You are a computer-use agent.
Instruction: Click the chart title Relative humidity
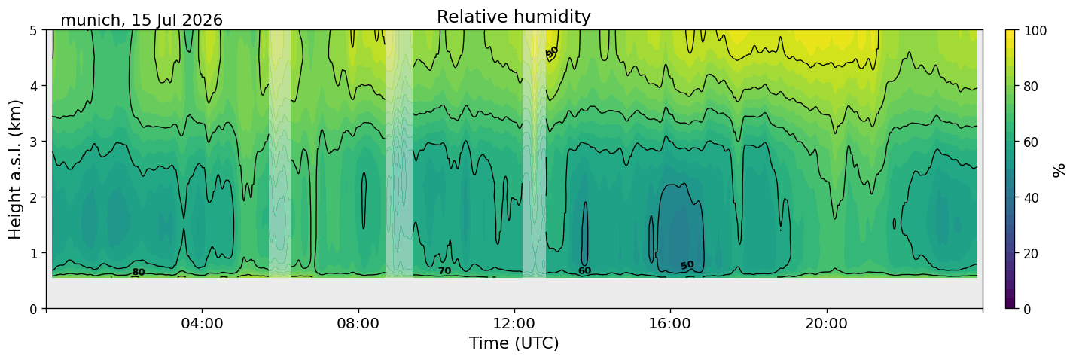click(514, 17)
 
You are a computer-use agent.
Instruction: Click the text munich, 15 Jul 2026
click(142, 20)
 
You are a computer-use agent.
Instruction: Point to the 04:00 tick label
click(203, 323)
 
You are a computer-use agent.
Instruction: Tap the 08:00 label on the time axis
click(358, 323)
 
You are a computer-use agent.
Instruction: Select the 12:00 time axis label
click(514, 323)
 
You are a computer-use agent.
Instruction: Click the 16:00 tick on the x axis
click(670, 323)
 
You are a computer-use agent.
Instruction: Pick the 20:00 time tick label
click(826, 323)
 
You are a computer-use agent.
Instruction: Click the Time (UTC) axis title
click(514, 343)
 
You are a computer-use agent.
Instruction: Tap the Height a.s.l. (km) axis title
click(15, 169)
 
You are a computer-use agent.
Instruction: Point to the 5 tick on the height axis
click(34, 31)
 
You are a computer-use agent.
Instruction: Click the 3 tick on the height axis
click(34, 142)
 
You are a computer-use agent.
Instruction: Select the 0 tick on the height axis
click(34, 309)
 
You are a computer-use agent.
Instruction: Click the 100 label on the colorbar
click(1035, 31)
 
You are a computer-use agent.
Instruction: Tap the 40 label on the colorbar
click(1032, 198)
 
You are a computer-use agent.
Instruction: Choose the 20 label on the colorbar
click(1032, 254)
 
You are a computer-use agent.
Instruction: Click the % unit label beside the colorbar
click(1059, 170)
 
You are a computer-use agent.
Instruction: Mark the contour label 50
click(687, 265)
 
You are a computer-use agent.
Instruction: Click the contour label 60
click(584, 271)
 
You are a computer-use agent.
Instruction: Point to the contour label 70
click(445, 271)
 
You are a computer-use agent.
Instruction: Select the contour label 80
click(139, 273)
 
